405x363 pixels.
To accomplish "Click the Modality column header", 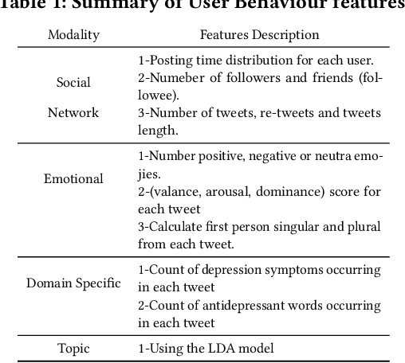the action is [x=73, y=35].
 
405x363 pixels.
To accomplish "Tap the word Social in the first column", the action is [x=73, y=82].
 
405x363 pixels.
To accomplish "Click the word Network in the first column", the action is [x=73, y=112].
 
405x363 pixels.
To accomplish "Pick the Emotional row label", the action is [x=73, y=178].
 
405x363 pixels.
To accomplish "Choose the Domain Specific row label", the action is [x=73, y=283].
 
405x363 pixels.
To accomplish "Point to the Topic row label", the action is [x=73, y=348].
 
